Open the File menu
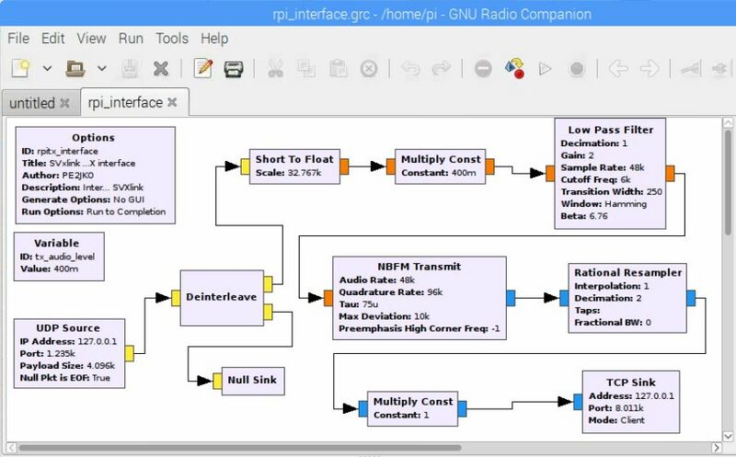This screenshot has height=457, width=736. point(18,39)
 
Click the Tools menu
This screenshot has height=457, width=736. point(172,39)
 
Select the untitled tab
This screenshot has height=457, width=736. point(32,103)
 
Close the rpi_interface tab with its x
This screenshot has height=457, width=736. point(172,102)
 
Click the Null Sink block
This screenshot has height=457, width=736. point(252,381)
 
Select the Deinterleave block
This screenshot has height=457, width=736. point(222,298)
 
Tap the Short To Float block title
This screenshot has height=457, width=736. point(294,159)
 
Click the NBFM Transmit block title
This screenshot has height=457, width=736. point(420,267)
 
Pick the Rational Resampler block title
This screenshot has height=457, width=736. point(627,272)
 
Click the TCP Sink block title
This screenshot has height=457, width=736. point(631,383)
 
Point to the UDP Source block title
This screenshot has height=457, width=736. point(68,328)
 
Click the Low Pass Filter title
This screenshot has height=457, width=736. point(610,130)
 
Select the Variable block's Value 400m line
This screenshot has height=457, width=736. point(50,268)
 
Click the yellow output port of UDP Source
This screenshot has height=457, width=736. point(129,353)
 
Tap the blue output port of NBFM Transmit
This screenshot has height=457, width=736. point(511,298)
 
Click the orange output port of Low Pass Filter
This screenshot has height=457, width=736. point(670,173)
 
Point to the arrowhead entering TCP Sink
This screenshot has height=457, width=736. point(565,402)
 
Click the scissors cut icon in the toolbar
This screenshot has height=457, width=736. point(275,69)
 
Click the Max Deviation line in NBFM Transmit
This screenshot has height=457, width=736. point(384,316)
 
